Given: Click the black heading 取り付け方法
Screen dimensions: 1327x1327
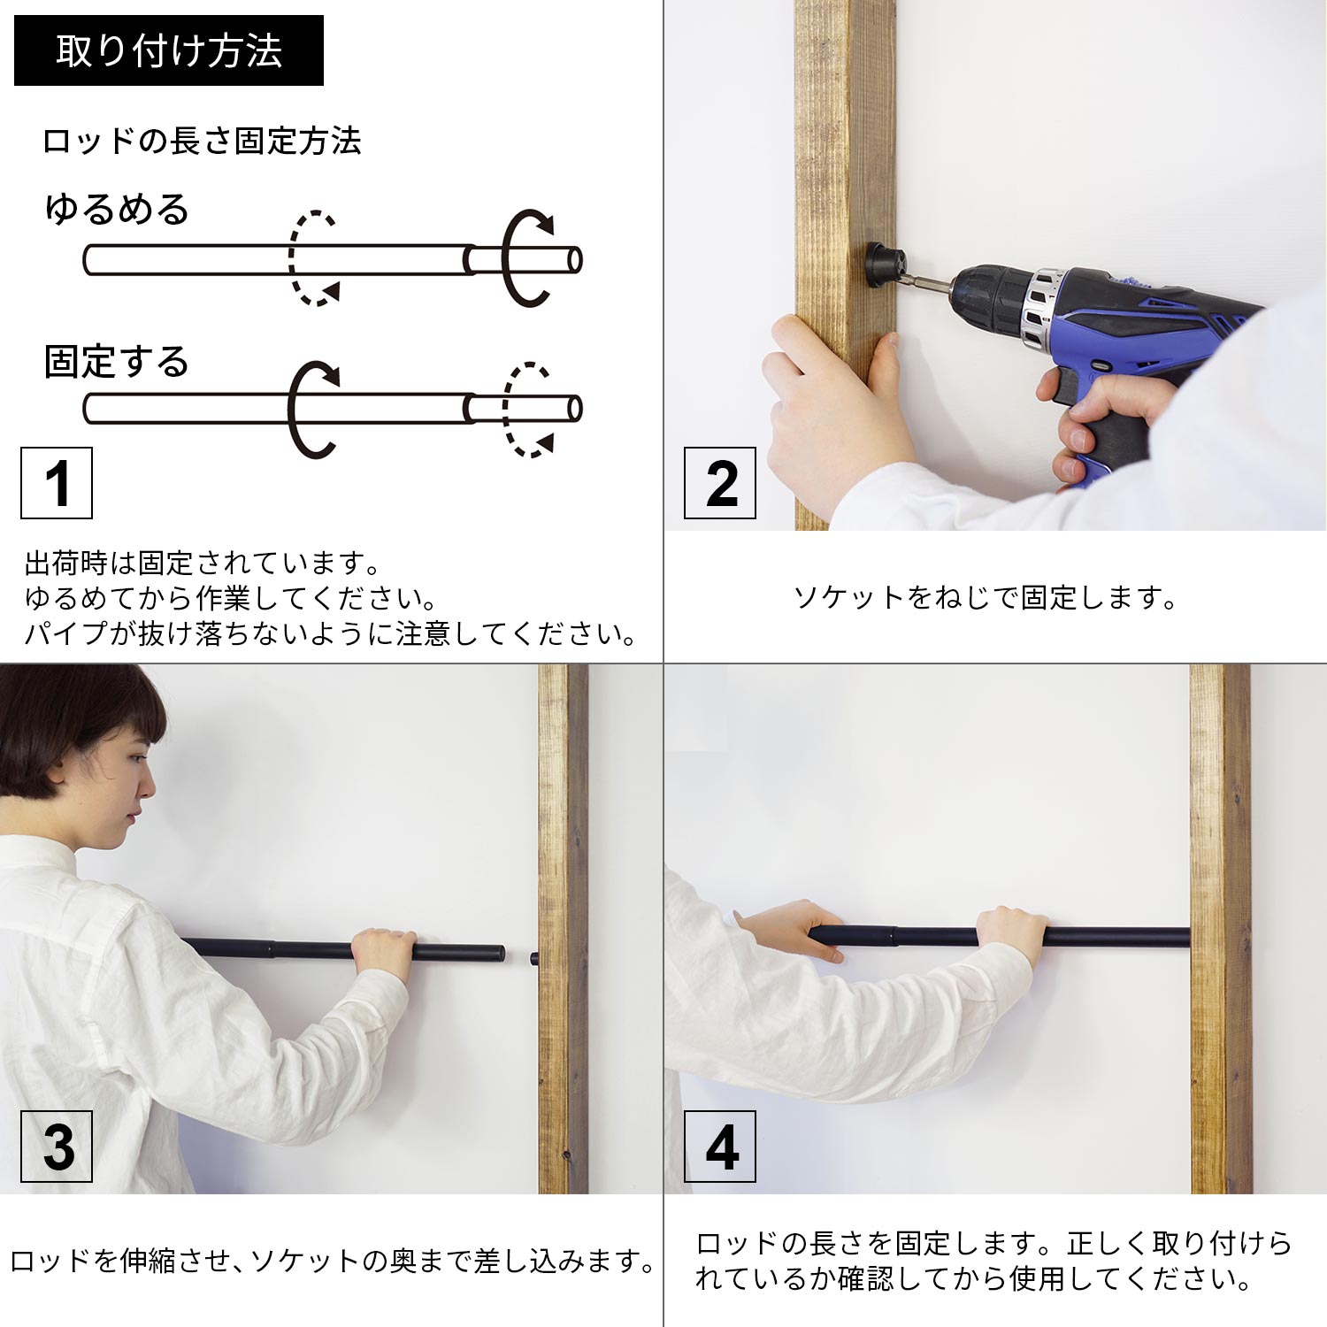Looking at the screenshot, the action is [169, 50].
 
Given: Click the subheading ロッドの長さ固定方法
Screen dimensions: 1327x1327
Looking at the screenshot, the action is [202, 142].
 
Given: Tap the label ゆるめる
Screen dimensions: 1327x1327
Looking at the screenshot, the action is [117, 210].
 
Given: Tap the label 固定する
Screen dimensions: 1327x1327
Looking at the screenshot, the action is [117, 362].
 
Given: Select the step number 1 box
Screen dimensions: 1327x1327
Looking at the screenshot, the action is [57, 483].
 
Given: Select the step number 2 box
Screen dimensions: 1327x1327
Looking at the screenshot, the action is [720, 483].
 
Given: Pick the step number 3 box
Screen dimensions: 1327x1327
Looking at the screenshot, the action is [57, 1147].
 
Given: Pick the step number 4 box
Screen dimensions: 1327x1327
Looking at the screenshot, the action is [720, 1147].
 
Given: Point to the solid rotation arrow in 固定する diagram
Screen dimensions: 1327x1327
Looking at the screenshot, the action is [291, 409].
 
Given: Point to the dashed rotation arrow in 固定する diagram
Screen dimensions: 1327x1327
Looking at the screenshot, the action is [505, 409].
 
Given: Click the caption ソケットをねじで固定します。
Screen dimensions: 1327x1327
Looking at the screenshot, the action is [986, 598].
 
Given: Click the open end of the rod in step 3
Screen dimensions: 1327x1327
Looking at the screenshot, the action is [500, 954].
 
